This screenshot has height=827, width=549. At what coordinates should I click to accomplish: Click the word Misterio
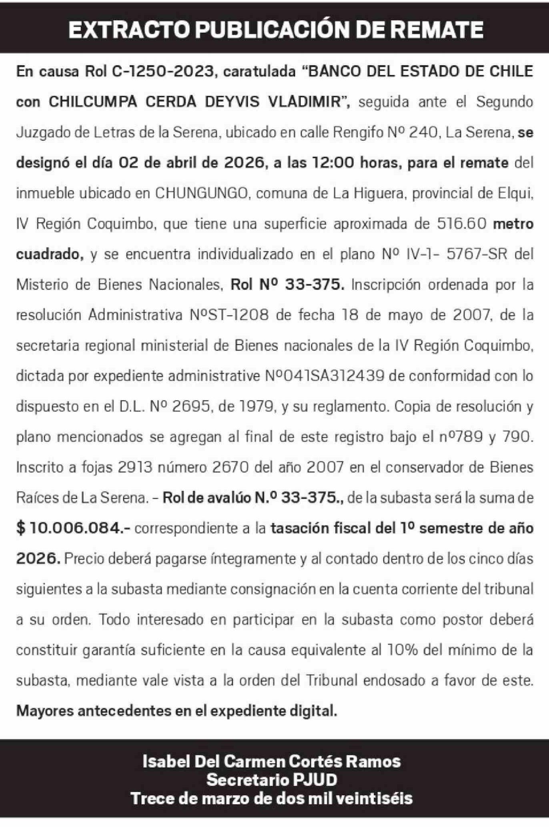(x=42, y=284)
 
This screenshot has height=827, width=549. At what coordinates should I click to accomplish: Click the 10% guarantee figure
(x=402, y=650)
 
